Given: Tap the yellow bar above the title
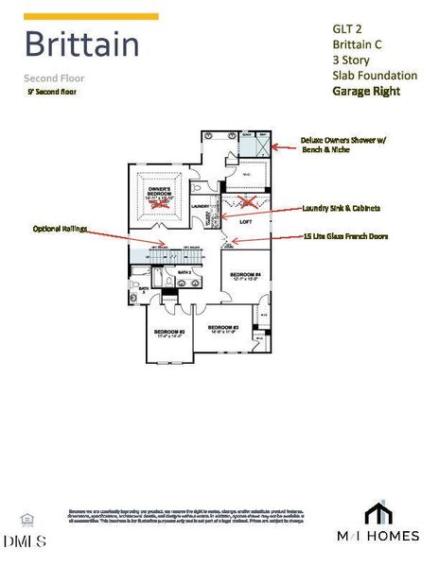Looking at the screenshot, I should tap(90, 16).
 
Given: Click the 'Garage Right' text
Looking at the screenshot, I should tap(365, 91).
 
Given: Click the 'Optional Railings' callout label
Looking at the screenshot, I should tap(58, 230).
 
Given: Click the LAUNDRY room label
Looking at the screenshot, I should tap(200, 206).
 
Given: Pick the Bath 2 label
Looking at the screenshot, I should tap(185, 272).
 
